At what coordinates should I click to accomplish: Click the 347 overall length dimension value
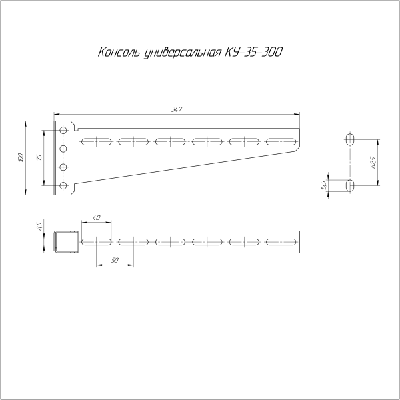(x=176, y=109)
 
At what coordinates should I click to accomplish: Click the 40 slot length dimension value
(x=97, y=218)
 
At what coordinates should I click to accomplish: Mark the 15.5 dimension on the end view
(x=324, y=184)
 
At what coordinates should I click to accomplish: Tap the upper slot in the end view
(x=350, y=139)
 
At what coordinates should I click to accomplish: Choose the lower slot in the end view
(x=350, y=185)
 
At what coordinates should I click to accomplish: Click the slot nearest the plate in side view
(x=97, y=141)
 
